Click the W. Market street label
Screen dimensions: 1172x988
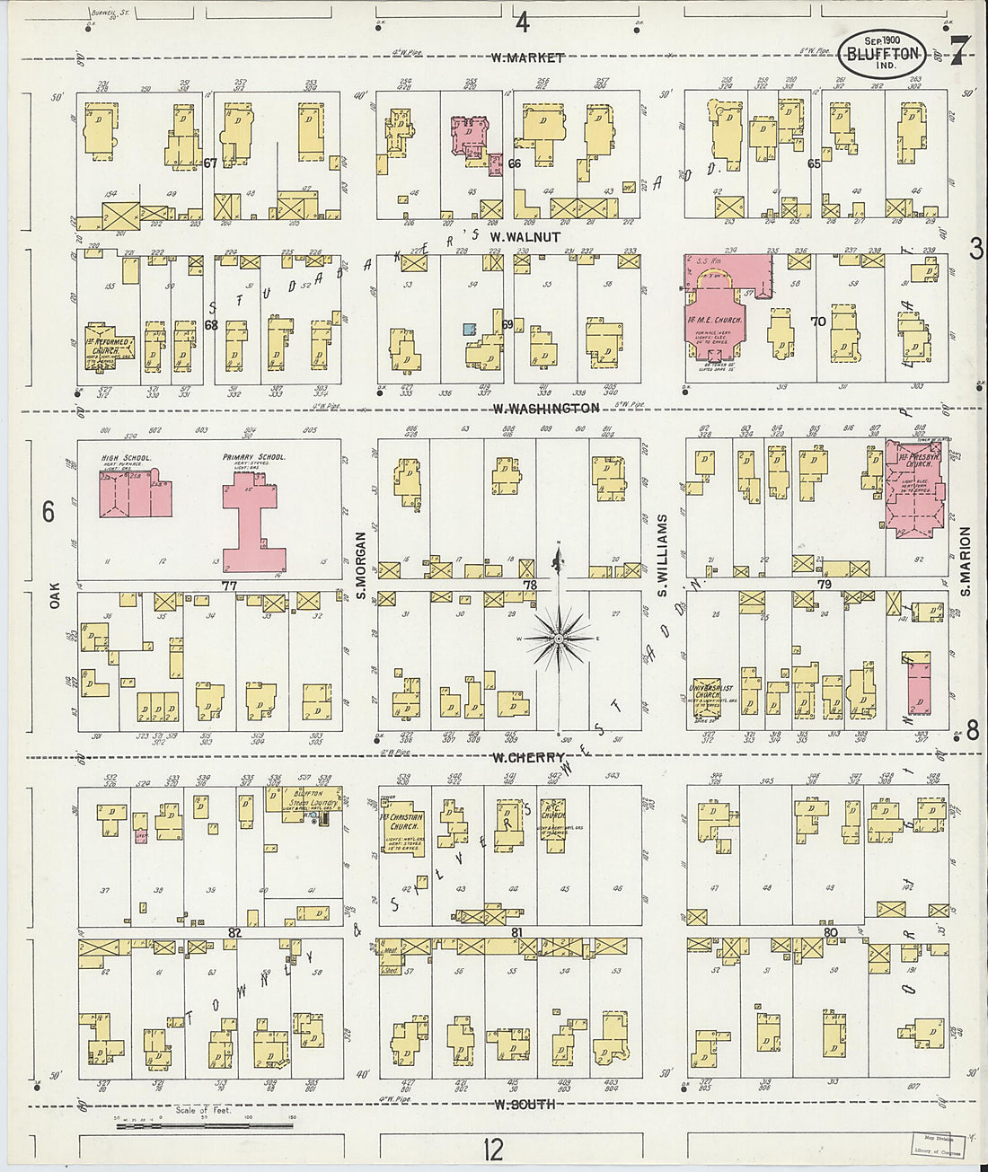click(527, 58)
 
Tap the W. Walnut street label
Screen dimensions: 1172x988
click(525, 237)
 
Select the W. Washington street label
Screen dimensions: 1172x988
click(545, 408)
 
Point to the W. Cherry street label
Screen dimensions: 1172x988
click(528, 757)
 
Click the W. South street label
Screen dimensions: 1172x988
click(524, 1104)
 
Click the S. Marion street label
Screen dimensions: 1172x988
click(966, 560)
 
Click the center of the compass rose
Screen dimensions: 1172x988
click(557, 639)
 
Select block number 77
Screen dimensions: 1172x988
click(230, 585)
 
